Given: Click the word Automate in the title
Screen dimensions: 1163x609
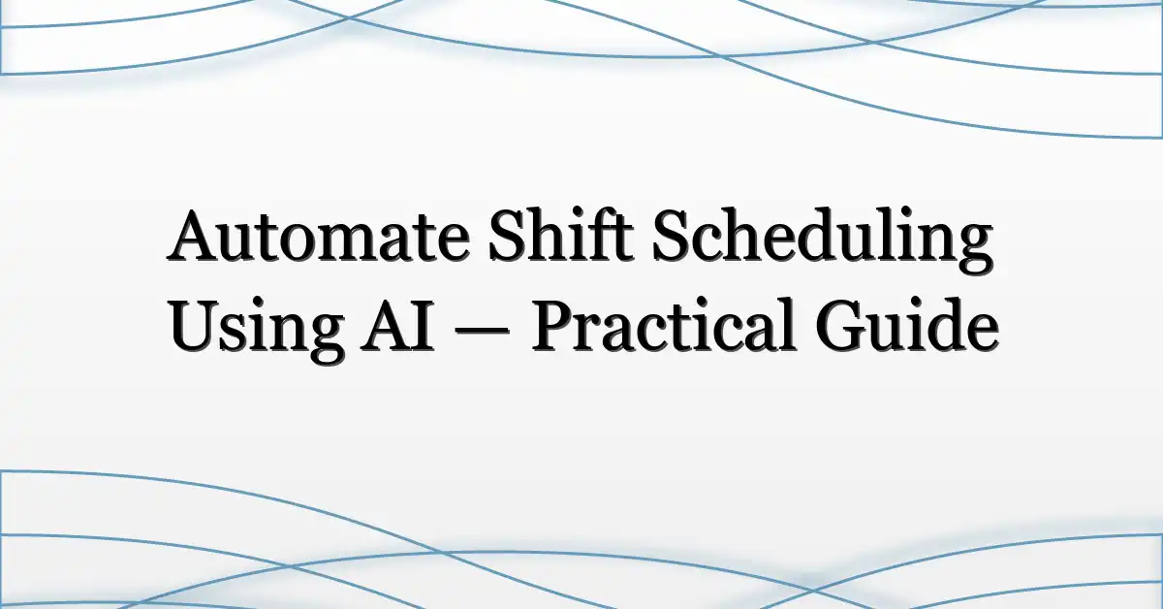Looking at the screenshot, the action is pyautogui.click(x=319, y=235).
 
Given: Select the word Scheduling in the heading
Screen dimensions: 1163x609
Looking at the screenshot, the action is pyautogui.click(x=823, y=239).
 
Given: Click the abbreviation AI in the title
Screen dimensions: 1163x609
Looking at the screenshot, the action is pyautogui.click(x=397, y=324).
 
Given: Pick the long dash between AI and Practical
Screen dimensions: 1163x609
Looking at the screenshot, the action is pyautogui.click(x=482, y=333).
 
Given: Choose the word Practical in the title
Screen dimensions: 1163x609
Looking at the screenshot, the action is pyautogui.click(x=663, y=322).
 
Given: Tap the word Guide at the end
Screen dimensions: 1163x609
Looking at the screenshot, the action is pyautogui.click(x=906, y=323).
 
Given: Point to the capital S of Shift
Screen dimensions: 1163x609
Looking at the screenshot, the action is pyautogui.click(x=506, y=235).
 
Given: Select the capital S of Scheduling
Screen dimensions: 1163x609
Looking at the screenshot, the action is pyautogui.click(x=670, y=235).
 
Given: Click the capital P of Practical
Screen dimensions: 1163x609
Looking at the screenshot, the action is pyautogui.click(x=553, y=325).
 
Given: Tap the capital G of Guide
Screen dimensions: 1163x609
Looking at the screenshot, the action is pyautogui.click(x=840, y=325).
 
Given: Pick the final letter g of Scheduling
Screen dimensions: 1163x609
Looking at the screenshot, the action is pyautogui.click(x=973, y=248).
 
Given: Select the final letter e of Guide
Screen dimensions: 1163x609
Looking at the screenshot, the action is pyautogui.click(x=980, y=333).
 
